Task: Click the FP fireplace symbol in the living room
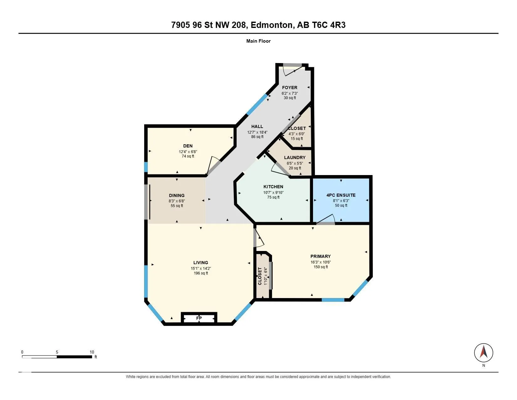point(199,318)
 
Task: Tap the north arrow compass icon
point(483,353)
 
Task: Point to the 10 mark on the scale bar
point(92,352)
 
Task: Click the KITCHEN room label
point(273,187)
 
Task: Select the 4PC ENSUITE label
point(341,195)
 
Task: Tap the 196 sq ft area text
point(201,273)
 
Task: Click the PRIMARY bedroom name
point(321,256)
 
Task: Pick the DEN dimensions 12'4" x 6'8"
point(188,152)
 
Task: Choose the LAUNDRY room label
point(295,157)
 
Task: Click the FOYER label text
point(290,88)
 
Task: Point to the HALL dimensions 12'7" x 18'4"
point(257,132)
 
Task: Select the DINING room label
point(177,195)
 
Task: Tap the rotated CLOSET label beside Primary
point(260,276)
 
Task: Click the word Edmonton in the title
point(271,25)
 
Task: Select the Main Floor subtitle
point(258,41)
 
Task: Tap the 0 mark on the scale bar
point(22,352)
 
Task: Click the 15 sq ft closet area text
point(297,139)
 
